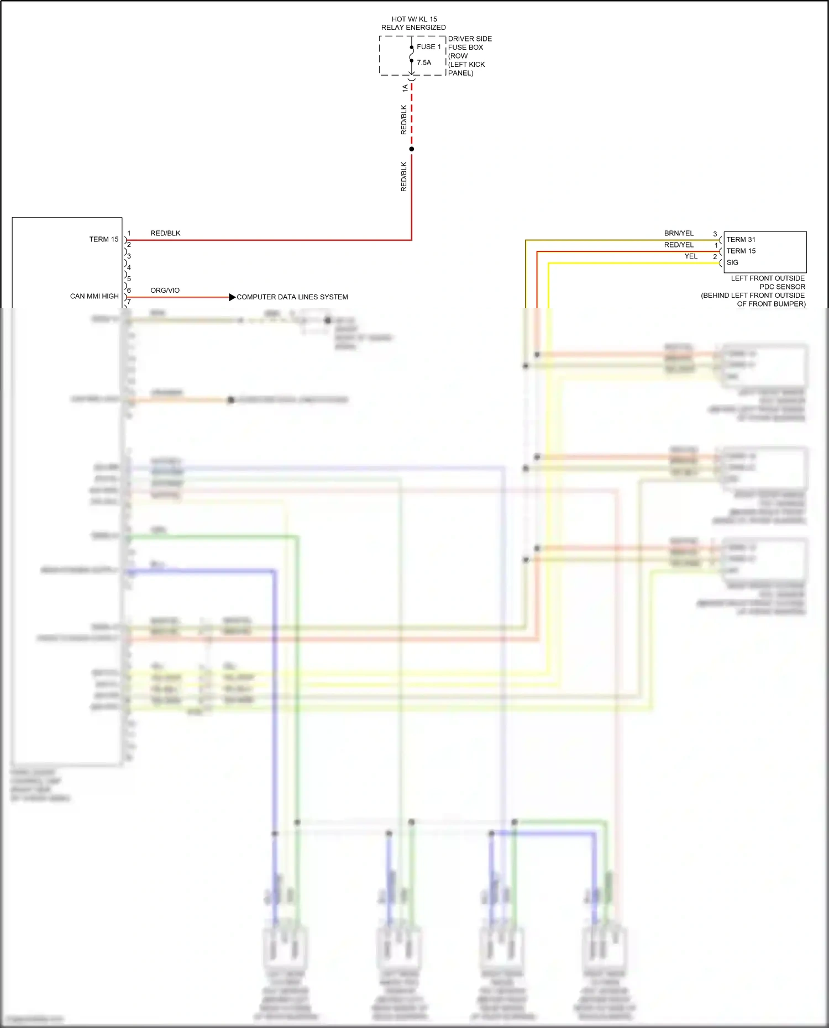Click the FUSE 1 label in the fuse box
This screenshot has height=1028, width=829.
pos(428,47)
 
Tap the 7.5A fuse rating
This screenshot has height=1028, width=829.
pos(424,63)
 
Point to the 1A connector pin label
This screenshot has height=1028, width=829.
pos(405,88)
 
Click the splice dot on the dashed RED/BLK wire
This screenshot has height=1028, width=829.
pos(412,149)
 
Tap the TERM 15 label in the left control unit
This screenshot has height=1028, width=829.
pos(104,239)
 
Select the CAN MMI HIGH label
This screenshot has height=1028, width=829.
pos(94,296)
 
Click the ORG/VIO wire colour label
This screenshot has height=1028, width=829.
pos(165,290)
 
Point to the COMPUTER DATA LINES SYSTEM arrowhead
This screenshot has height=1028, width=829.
pos(232,297)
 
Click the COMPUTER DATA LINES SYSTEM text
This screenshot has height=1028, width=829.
pos(292,297)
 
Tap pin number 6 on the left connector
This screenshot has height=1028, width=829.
pos(129,290)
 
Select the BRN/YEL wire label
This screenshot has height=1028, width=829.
pos(679,233)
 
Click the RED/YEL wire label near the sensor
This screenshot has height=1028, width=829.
pos(679,245)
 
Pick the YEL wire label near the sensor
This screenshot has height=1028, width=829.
pos(691,256)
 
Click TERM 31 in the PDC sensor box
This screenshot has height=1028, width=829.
pos(741,239)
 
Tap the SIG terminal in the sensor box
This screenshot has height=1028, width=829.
pos(732,262)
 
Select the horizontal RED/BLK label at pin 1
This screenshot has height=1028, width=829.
pos(165,233)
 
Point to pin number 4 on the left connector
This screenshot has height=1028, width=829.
pos(129,267)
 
